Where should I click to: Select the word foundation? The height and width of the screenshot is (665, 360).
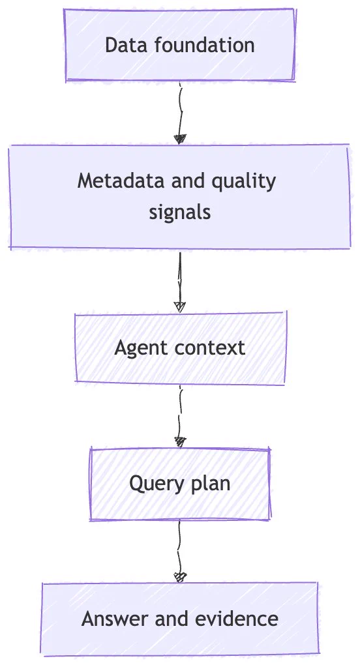(204, 45)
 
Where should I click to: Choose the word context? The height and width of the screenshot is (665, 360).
(210, 347)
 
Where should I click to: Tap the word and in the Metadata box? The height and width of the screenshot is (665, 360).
(188, 181)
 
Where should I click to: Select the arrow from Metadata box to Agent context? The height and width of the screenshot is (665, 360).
(180, 282)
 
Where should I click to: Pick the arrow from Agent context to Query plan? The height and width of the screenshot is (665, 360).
(180, 416)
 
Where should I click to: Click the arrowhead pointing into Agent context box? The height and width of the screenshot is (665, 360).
(180, 307)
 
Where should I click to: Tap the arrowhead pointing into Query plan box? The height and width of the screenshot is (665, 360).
(180, 442)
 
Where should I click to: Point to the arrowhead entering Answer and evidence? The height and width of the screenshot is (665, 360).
(180, 577)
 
